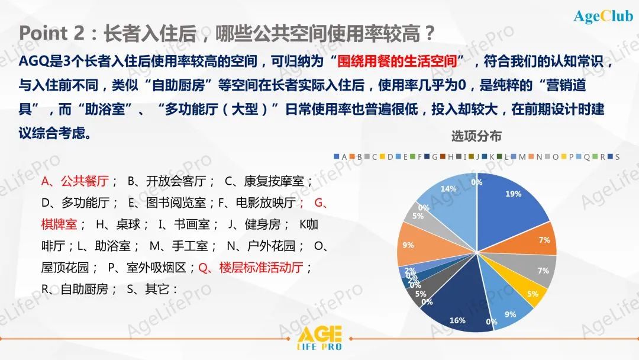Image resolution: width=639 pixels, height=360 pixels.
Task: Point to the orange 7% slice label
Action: (544, 240)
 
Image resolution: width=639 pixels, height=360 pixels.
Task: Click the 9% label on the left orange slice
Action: (408, 245)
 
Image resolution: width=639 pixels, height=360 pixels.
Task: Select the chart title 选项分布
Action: (476, 136)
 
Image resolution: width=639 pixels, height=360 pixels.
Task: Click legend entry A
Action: (341, 156)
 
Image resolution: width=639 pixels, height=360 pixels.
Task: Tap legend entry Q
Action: (583, 156)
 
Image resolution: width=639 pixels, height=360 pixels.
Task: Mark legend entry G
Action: (431, 156)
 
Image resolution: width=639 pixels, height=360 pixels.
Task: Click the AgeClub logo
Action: (603, 16)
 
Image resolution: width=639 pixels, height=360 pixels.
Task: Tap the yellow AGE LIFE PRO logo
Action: (319, 338)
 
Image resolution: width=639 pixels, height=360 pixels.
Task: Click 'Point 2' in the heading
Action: (51, 33)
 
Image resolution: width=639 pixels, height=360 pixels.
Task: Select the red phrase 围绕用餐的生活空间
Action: (396, 61)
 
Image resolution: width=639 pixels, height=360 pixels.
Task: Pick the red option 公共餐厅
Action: (85, 181)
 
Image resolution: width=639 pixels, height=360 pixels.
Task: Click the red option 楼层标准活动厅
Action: (262, 268)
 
